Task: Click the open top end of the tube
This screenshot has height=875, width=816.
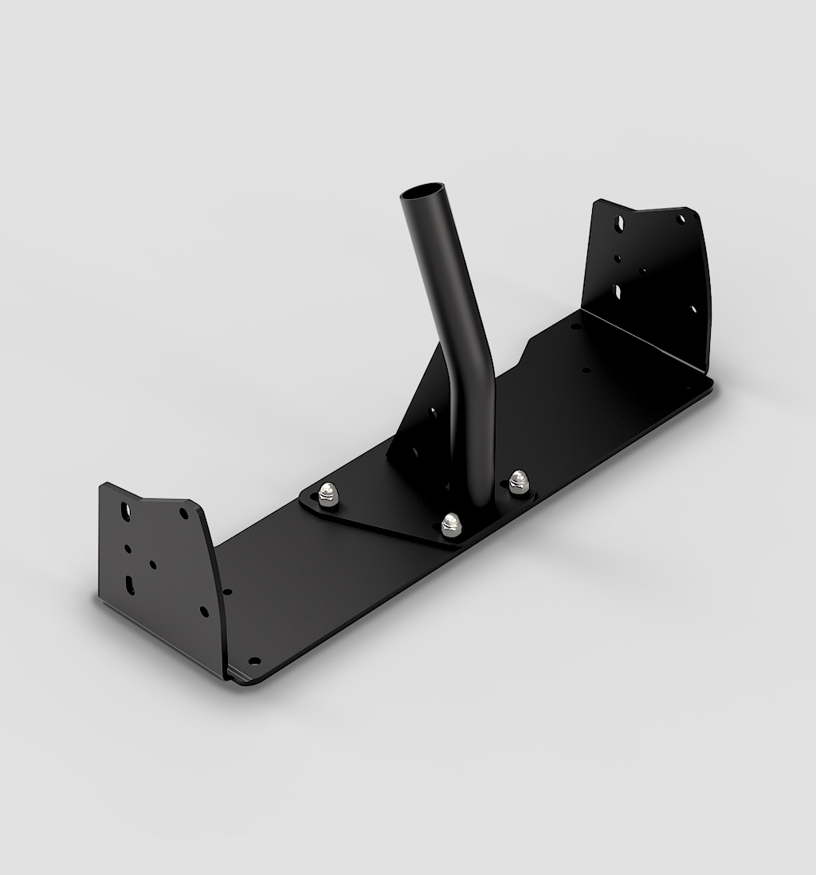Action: [x=423, y=194]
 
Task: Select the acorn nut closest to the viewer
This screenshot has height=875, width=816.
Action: [x=451, y=522]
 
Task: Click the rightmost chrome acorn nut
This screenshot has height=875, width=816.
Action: [x=519, y=480]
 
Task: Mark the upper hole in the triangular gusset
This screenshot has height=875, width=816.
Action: [x=433, y=413]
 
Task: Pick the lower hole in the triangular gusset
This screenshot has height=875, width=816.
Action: [x=414, y=451]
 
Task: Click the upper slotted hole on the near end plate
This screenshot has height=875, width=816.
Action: [x=124, y=510]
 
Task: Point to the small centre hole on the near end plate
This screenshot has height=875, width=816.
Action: [x=153, y=564]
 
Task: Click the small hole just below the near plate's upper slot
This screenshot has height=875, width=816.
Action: [x=127, y=548]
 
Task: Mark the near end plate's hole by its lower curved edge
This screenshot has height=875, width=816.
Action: [x=204, y=611]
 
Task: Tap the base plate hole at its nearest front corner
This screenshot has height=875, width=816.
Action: [x=254, y=661]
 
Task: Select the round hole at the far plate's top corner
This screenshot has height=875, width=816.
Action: [x=680, y=217]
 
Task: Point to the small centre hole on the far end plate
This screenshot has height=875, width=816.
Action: [x=644, y=271]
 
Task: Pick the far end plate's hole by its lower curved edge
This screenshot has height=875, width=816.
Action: [x=692, y=309]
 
